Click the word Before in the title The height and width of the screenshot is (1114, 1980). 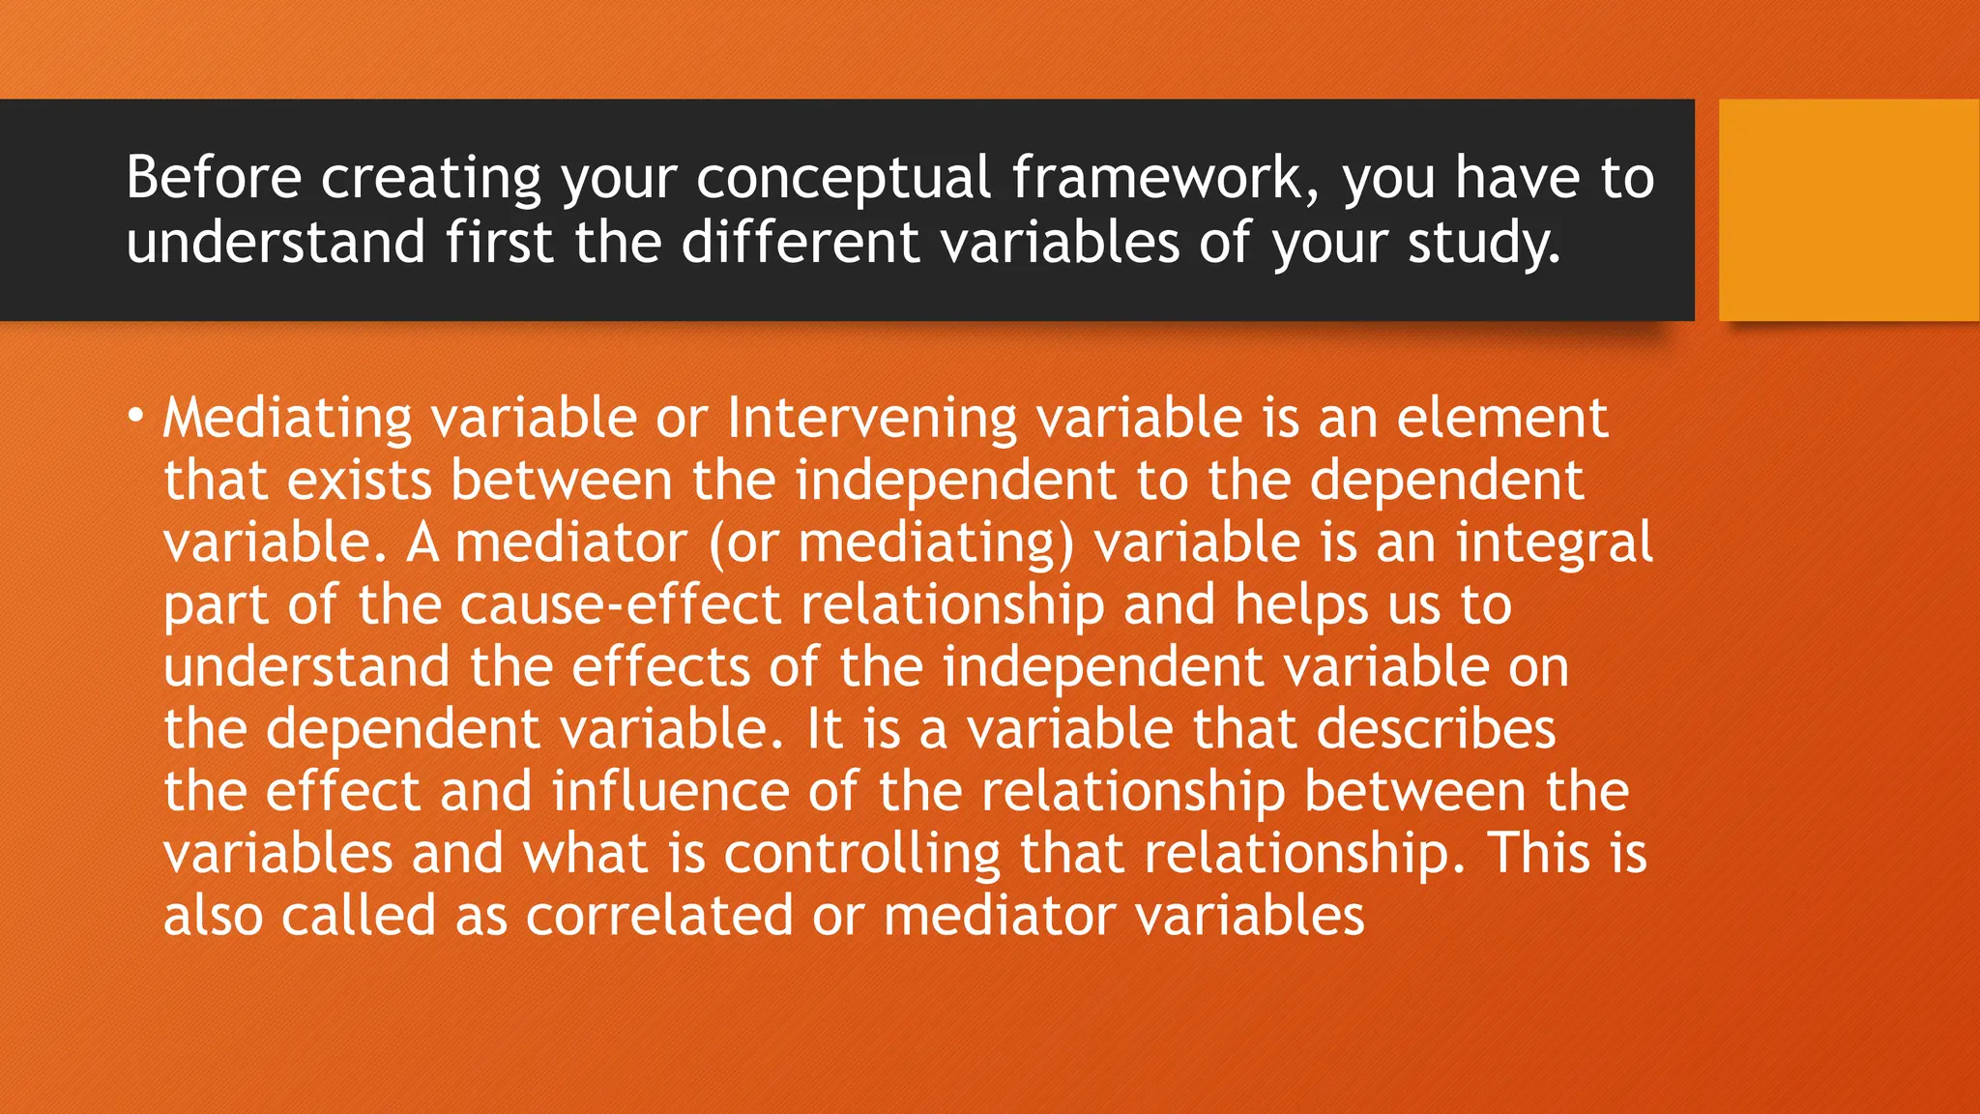[x=214, y=178]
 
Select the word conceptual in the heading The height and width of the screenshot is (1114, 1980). [x=843, y=178]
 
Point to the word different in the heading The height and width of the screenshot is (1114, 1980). [x=801, y=242]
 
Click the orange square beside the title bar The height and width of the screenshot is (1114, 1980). [x=1848, y=210]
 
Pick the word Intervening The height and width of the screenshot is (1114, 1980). [x=872, y=418]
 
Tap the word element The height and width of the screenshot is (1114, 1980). [x=1502, y=418]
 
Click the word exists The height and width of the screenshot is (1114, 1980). [x=359, y=480]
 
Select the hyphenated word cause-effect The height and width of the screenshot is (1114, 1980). [x=620, y=604]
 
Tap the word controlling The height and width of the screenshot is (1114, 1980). [x=862, y=853]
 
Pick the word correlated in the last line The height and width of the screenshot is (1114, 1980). [x=659, y=915]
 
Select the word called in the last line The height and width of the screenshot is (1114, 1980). [x=359, y=915]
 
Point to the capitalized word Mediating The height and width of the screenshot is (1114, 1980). [x=287, y=418]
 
